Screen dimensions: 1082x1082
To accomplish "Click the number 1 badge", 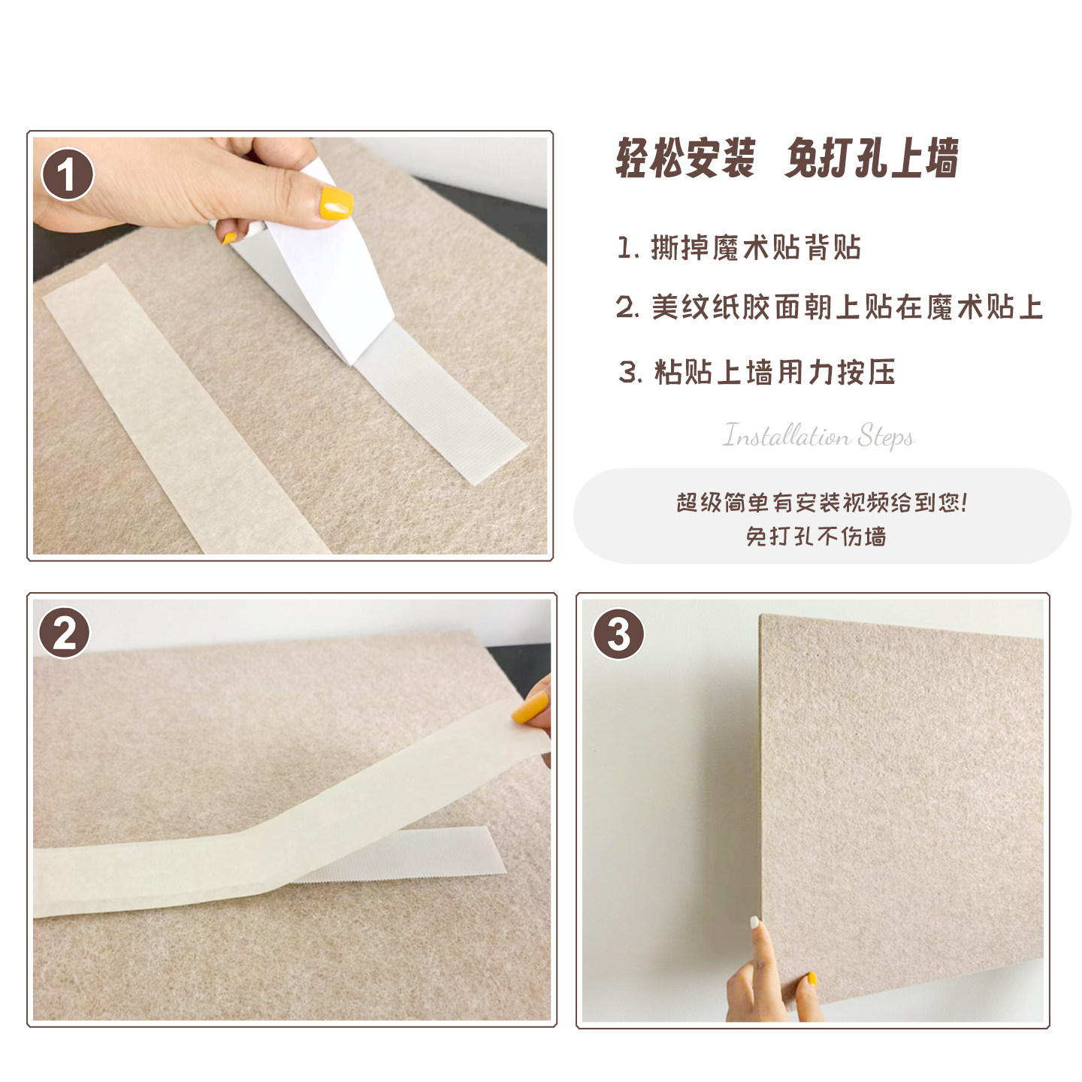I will point(68,174).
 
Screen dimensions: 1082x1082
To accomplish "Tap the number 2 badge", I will point(65,633).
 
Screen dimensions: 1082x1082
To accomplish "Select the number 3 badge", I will point(618,633).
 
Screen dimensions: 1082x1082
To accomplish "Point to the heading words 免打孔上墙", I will point(872,159).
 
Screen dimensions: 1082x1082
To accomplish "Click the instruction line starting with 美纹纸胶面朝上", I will point(830,307).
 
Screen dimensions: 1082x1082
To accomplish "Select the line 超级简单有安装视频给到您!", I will point(822,502).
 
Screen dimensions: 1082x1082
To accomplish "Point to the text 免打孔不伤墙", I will point(816,536).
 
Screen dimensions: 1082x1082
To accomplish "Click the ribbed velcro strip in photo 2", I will point(421,857).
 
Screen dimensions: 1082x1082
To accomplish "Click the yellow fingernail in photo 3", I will point(811,979).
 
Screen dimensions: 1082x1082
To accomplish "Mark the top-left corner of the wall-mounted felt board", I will point(763,617).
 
